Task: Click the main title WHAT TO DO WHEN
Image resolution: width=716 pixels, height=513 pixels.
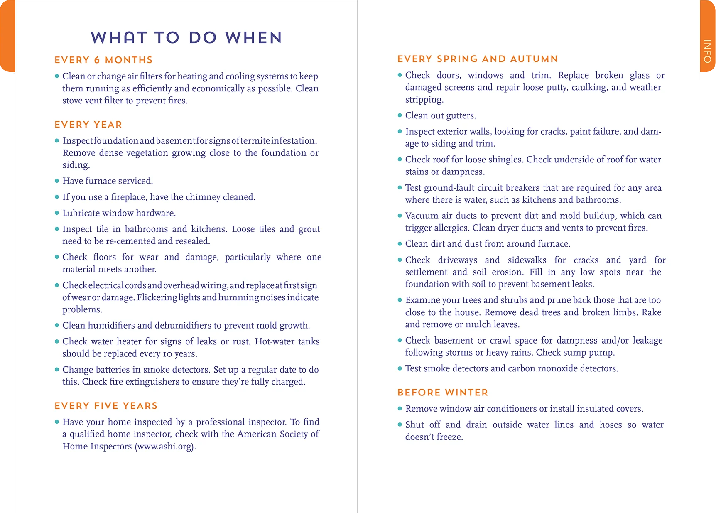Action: point(186,38)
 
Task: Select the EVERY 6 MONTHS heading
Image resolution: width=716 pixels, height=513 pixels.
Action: point(103,60)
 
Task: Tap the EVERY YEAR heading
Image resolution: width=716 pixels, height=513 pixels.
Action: point(88,125)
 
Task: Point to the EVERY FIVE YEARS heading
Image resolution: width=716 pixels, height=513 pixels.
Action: point(106,406)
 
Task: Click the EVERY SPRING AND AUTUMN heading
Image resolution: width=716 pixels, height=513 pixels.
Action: point(477,59)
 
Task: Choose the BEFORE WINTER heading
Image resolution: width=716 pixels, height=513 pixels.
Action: point(442,393)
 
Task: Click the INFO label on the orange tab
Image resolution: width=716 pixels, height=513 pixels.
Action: point(707,51)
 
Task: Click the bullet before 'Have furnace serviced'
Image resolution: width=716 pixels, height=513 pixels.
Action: point(57,181)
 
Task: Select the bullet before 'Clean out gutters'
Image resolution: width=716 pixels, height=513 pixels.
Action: point(400,115)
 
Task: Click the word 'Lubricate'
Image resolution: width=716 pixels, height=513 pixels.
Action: point(81,213)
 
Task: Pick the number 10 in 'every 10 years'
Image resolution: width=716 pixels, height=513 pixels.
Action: point(167,354)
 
